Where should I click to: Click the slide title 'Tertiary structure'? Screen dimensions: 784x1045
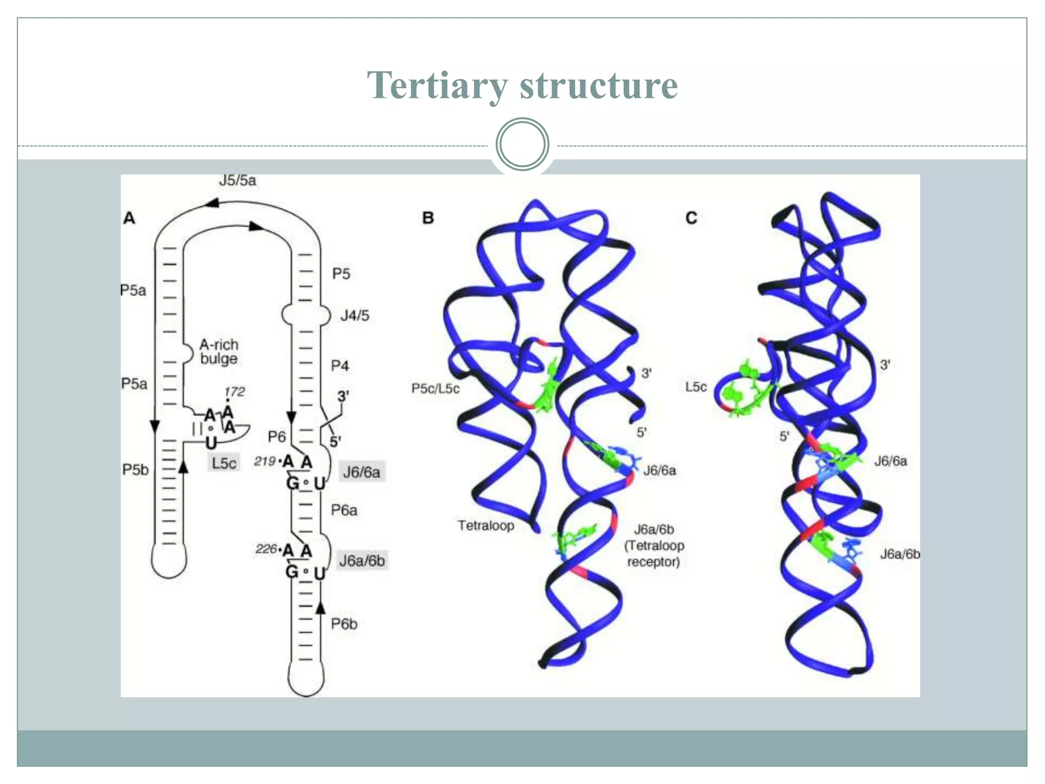[522, 85]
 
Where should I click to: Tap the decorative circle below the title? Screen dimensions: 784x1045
[522, 144]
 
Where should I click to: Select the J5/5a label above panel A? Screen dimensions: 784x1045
[237, 181]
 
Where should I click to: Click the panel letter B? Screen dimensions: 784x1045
[428, 218]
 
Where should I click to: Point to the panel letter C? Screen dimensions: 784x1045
[691, 218]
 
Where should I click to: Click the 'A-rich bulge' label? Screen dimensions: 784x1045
[219, 352]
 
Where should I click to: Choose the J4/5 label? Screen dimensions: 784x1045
[355, 315]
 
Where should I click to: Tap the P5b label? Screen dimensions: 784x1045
[135, 470]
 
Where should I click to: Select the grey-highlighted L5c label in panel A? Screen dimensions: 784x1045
[224, 463]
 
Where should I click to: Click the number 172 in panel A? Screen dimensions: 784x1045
[235, 391]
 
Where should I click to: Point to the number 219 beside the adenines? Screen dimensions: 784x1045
[265, 461]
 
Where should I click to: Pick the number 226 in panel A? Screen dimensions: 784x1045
[266, 549]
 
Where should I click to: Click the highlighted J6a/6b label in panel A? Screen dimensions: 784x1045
[362, 560]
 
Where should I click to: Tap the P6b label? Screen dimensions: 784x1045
[344, 624]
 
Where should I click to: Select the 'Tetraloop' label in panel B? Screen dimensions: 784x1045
[486, 526]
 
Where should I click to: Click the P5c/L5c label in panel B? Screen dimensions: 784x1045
[435, 389]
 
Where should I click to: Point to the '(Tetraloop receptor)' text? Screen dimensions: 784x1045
[654, 554]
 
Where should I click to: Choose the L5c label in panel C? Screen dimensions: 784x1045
[695, 387]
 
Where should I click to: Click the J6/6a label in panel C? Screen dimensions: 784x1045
[890, 461]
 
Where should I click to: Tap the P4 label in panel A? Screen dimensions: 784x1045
[340, 366]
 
